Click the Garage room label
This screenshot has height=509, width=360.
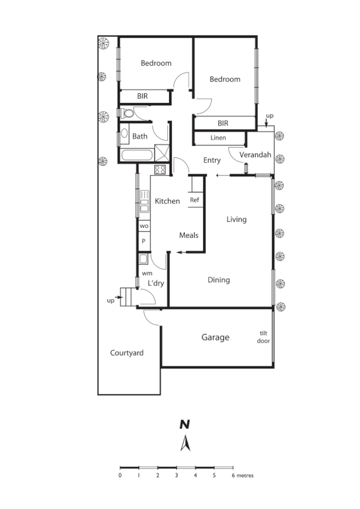pos(215,337)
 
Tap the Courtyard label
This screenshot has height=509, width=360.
pos(126,353)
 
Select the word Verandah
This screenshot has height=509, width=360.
pos(254,155)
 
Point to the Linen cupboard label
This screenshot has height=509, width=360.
pos(218,138)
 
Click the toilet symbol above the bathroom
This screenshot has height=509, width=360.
pos(127,113)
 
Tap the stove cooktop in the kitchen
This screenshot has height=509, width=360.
pos(160,169)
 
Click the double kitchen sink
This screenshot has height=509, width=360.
pos(145,201)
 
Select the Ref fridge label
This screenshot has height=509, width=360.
pos(194,200)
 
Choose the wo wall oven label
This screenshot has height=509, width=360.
pos(144,226)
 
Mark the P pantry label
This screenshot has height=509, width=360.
pos(144,241)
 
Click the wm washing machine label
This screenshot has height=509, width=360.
pos(146,273)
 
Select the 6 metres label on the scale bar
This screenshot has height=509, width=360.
pos(242,475)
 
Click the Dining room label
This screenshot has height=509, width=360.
pos(218,280)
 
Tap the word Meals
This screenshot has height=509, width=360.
pos(189,235)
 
